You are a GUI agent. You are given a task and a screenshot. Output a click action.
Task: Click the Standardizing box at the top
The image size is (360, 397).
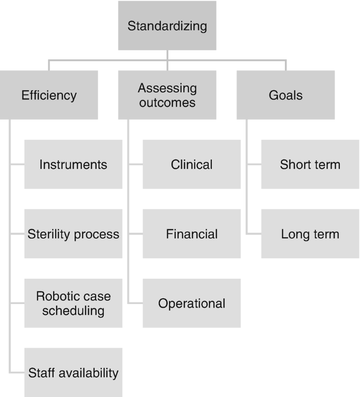click(167, 25)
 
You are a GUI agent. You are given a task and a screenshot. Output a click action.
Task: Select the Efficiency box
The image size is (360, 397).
click(49, 95)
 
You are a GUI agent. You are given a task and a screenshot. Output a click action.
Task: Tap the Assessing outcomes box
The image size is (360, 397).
click(167, 95)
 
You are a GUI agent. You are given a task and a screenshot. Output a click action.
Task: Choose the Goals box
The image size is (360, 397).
click(285, 95)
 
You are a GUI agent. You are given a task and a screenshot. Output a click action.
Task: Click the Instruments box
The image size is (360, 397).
click(73, 164)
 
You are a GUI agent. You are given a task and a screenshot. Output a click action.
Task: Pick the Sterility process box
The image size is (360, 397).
click(73, 234)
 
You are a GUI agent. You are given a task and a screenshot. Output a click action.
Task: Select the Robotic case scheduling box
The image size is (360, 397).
click(73, 303)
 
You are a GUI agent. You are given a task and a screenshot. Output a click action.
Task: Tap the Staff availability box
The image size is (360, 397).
click(73, 372)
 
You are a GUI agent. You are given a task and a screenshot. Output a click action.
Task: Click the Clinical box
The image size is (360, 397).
click(192, 164)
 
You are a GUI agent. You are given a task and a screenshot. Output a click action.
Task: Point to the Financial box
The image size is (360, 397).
click(192, 234)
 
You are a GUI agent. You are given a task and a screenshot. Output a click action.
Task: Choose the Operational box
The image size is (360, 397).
click(192, 303)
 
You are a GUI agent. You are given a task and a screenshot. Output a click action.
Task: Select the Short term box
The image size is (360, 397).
click(310, 164)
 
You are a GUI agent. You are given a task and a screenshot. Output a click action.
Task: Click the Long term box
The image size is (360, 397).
click(310, 234)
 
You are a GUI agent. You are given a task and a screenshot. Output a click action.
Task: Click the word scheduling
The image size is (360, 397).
click(73, 310)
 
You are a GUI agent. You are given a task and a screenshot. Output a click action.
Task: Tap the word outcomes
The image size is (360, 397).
click(167, 102)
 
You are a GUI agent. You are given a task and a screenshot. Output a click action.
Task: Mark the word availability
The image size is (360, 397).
click(91, 373)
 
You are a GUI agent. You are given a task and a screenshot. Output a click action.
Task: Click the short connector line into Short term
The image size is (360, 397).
click(254, 164)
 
